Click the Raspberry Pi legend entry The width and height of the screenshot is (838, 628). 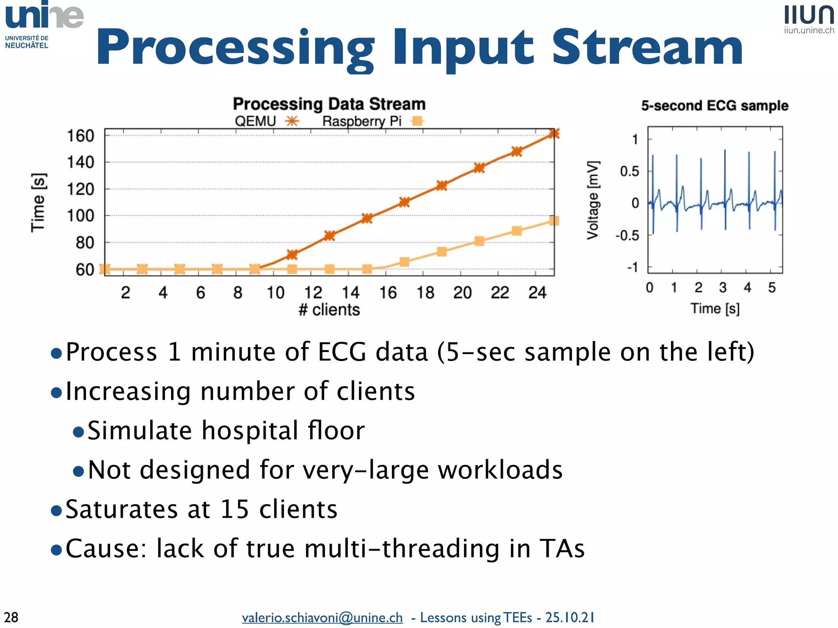(372, 121)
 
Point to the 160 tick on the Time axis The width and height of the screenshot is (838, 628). (81, 136)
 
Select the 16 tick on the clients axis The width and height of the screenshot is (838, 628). (387, 293)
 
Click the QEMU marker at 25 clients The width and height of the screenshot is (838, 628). (554, 134)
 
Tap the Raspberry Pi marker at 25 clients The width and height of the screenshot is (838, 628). (554, 221)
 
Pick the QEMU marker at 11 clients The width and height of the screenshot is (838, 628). (292, 255)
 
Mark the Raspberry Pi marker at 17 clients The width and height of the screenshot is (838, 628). (404, 262)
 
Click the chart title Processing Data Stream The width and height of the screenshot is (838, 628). (329, 104)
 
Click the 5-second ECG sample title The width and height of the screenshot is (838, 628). (714, 105)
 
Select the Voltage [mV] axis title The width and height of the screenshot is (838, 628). (593, 200)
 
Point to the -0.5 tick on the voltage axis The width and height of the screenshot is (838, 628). (627, 235)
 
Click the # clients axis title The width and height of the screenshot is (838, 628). (329, 310)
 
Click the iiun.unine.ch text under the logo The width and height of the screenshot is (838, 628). (809, 30)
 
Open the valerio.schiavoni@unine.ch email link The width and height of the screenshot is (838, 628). (322, 617)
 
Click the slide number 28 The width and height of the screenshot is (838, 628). (11, 617)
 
